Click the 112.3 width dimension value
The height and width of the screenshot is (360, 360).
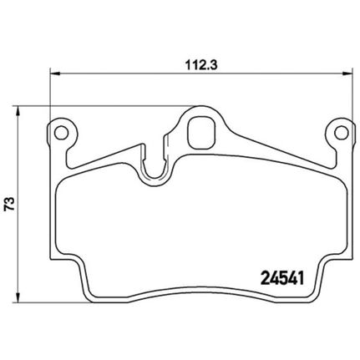[x=201, y=66]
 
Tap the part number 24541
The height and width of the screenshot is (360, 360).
[x=281, y=278]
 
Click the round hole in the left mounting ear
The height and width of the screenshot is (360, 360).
[x=62, y=133]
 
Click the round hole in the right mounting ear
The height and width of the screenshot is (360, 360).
[x=342, y=133]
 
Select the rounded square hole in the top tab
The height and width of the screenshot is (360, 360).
[x=201, y=133]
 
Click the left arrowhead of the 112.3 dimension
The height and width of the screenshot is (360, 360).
[x=55, y=74]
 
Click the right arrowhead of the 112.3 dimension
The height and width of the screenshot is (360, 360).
[x=347, y=74]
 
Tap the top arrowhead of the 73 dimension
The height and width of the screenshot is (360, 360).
[x=18, y=111]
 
